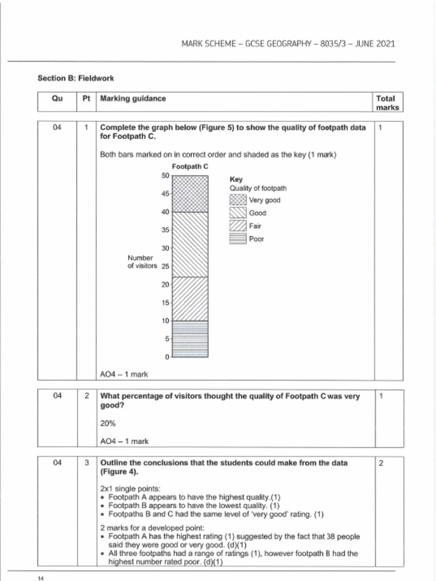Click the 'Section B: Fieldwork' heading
point(72,78)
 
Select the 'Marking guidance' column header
point(133,98)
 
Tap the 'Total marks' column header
point(387,103)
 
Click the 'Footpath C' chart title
point(190,166)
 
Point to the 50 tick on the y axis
point(165,176)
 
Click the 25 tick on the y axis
point(165,266)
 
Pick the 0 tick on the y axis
point(167,357)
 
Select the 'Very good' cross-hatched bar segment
point(190,193)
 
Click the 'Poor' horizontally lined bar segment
point(190,339)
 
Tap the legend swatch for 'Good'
point(237,213)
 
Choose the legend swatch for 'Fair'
point(237,226)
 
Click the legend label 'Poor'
point(256,239)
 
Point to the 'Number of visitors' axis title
point(141,262)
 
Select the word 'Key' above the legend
point(236,179)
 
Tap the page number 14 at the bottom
point(40,578)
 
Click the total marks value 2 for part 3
point(381,463)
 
